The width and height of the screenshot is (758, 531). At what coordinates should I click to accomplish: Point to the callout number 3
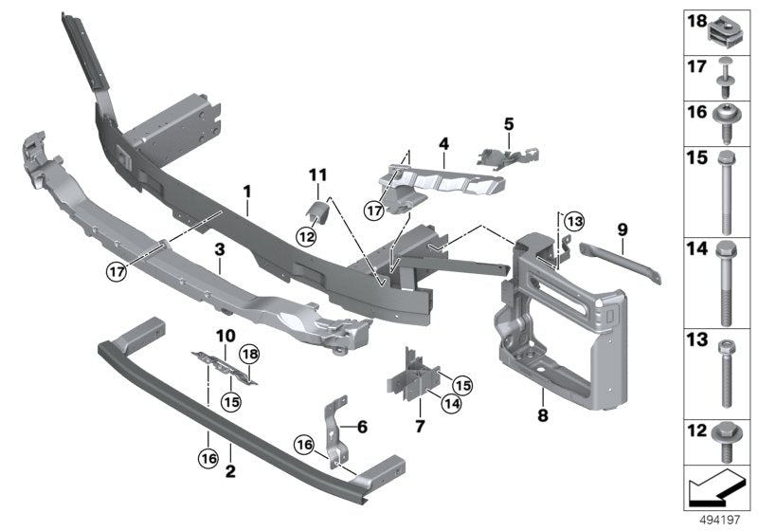(x=219, y=249)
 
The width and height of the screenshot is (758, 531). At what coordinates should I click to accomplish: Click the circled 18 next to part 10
(x=250, y=354)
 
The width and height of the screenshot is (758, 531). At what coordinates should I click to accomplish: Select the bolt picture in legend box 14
(x=728, y=280)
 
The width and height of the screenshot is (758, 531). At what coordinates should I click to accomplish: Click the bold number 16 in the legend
(x=695, y=112)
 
